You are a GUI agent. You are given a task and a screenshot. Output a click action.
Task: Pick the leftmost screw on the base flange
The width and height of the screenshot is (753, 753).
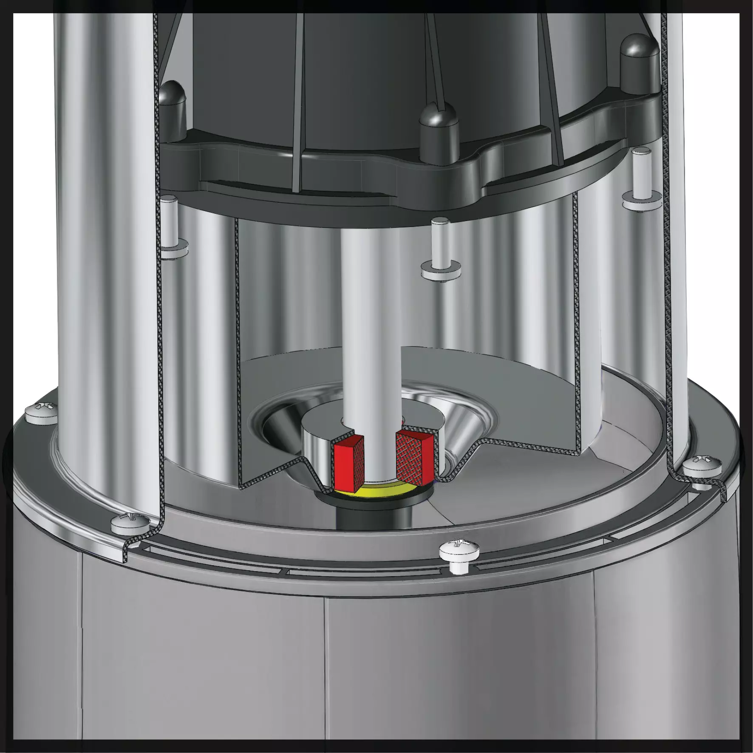tap(41, 413)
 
